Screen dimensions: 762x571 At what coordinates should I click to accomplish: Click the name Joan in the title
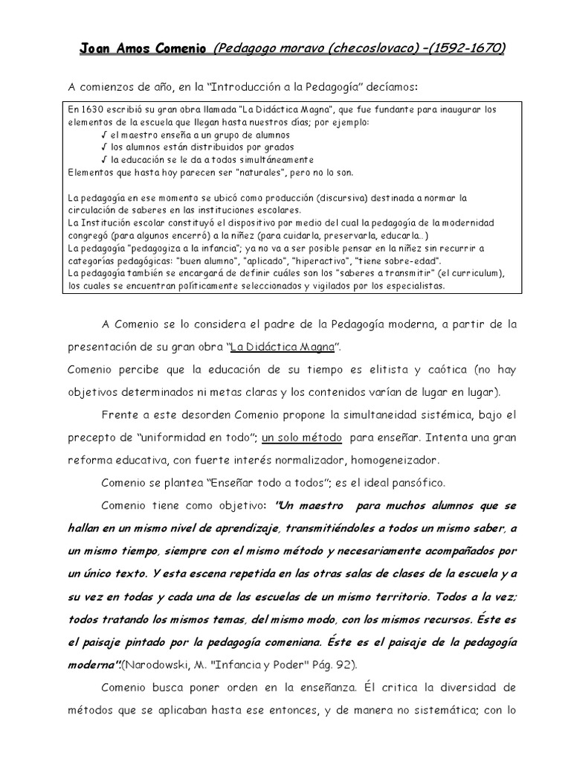[94, 49]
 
